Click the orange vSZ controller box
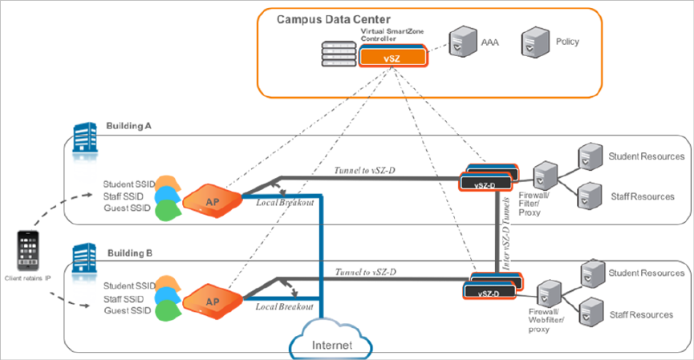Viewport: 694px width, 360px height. (x=392, y=58)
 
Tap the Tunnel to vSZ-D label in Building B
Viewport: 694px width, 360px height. (x=366, y=270)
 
